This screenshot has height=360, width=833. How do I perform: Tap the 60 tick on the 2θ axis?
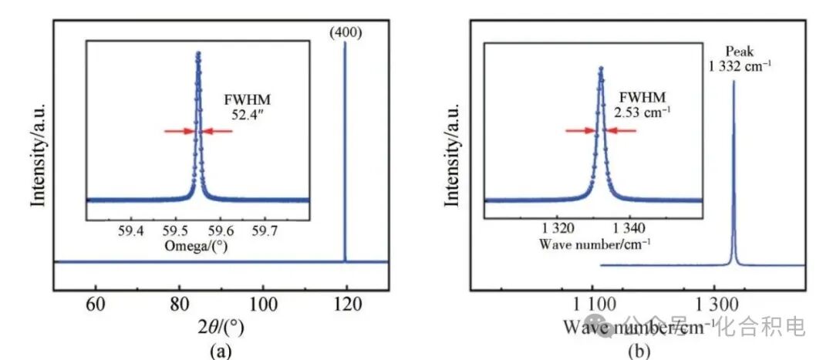pyautogui.click(x=95, y=304)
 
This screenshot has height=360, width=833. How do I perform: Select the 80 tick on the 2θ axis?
pyautogui.click(x=179, y=304)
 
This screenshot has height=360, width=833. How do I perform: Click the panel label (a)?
pyautogui.click(x=221, y=351)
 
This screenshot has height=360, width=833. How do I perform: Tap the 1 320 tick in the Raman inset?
pyautogui.click(x=558, y=229)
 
